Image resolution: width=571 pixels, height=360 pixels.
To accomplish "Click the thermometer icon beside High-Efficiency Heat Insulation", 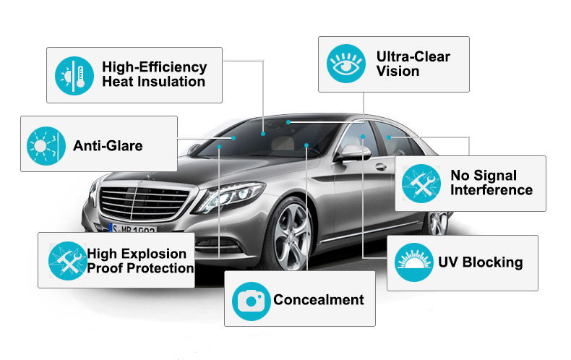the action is pyautogui.click(x=75, y=74).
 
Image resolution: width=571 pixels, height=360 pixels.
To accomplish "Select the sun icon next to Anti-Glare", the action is pyautogui.click(x=46, y=144).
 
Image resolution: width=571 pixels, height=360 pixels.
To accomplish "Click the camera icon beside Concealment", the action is pyautogui.click(x=251, y=299).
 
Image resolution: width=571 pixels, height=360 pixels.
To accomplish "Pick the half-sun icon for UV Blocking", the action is pyautogui.click(x=414, y=262).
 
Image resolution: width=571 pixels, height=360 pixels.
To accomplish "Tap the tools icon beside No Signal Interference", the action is pyautogui.click(x=421, y=184).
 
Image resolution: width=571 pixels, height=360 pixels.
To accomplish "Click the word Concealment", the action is pyautogui.click(x=318, y=299).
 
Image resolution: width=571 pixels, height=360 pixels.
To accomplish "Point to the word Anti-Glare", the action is pyautogui.click(x=108, y=145).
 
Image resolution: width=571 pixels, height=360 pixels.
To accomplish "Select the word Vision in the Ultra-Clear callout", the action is pyautogui.click(x=398, y=71).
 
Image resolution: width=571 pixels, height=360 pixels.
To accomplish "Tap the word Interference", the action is pyautogui.click(x=491, y=190).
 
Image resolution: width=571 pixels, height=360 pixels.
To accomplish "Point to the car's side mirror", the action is pyautogui.click(x=354, y=153).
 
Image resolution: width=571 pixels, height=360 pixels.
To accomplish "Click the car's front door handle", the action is pyautogui.click(x=380, y=167).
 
